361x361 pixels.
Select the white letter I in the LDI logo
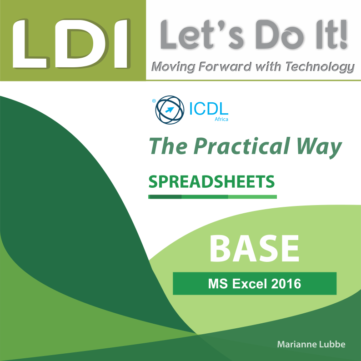121,44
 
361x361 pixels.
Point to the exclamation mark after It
343,35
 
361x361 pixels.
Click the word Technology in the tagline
320,67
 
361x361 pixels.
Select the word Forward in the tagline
225,66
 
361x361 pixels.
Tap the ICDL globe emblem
170,110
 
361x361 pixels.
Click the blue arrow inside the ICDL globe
170,110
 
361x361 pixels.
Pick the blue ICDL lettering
209,109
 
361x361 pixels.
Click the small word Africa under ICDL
221,119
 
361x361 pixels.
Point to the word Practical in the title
241,146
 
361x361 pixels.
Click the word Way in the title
319,148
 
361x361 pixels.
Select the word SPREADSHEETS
211,182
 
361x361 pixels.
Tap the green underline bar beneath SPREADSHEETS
212,196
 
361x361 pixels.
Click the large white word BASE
254,249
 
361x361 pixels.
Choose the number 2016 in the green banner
286,284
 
